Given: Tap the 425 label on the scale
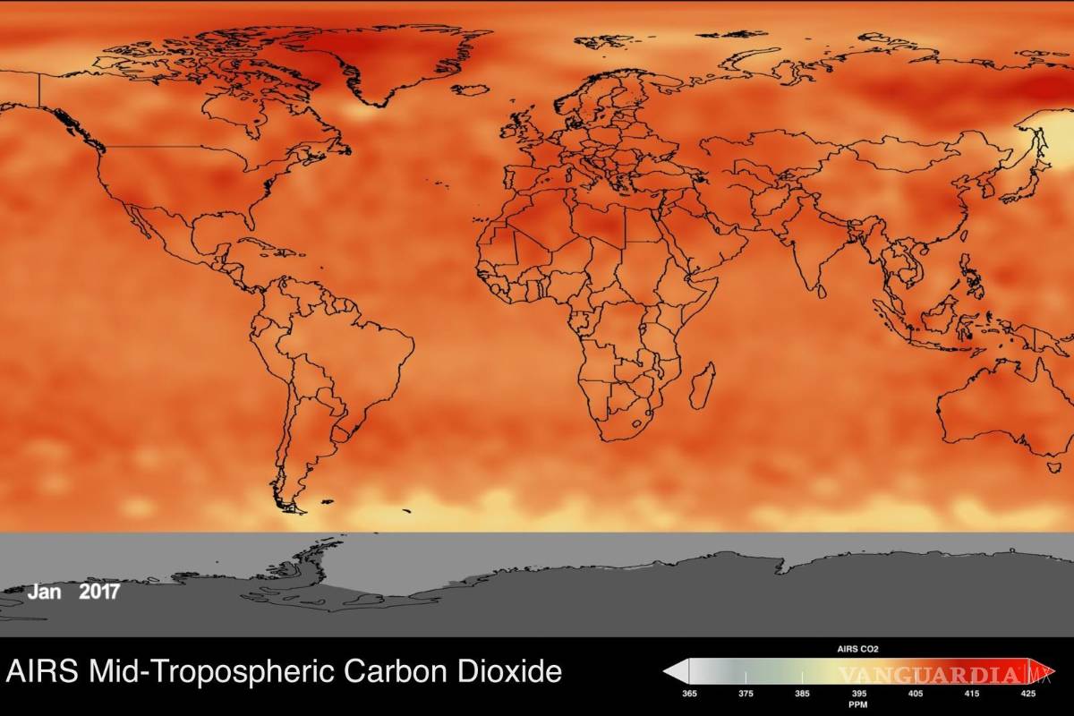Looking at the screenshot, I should [x=1028, y=693].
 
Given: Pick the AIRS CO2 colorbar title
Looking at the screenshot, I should [x=857, y=649].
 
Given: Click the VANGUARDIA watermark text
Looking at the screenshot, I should [x=931, y=673].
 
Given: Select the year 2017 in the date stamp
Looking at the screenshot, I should [x=99, y=592].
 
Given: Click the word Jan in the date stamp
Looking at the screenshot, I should [x=45, y=592].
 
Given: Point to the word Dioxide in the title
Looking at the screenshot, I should [x=506, y=671].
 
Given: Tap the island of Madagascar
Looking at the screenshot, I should [x=704, y=386].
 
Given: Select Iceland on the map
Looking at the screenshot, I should [x=471, y=89].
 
